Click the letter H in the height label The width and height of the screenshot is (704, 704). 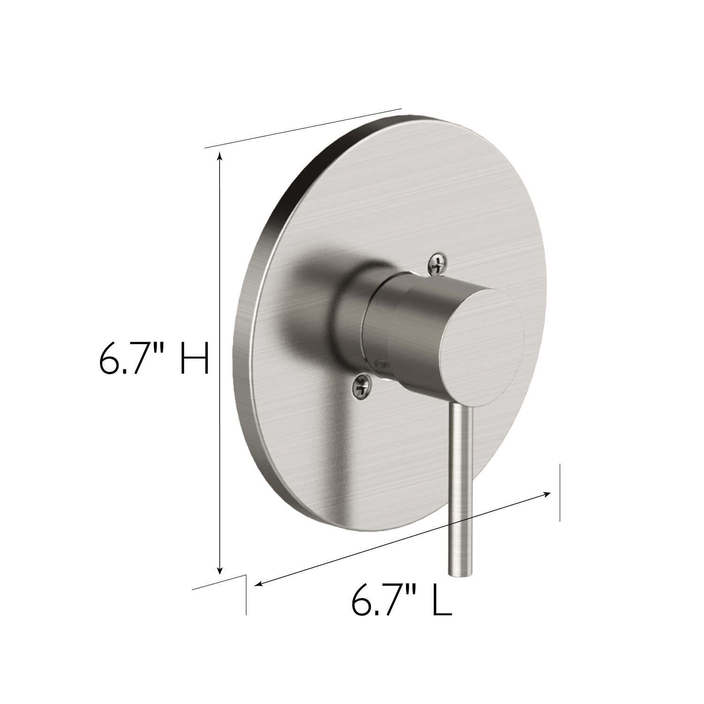click(x=194, y=358)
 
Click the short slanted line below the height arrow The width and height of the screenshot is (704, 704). click(x=219, y=582)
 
